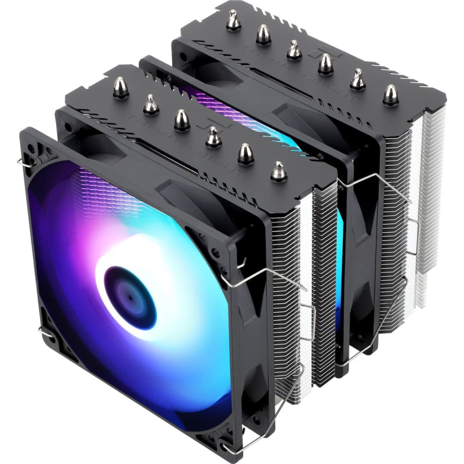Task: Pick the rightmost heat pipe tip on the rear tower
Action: pyautogui.click(x=391, y=93)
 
